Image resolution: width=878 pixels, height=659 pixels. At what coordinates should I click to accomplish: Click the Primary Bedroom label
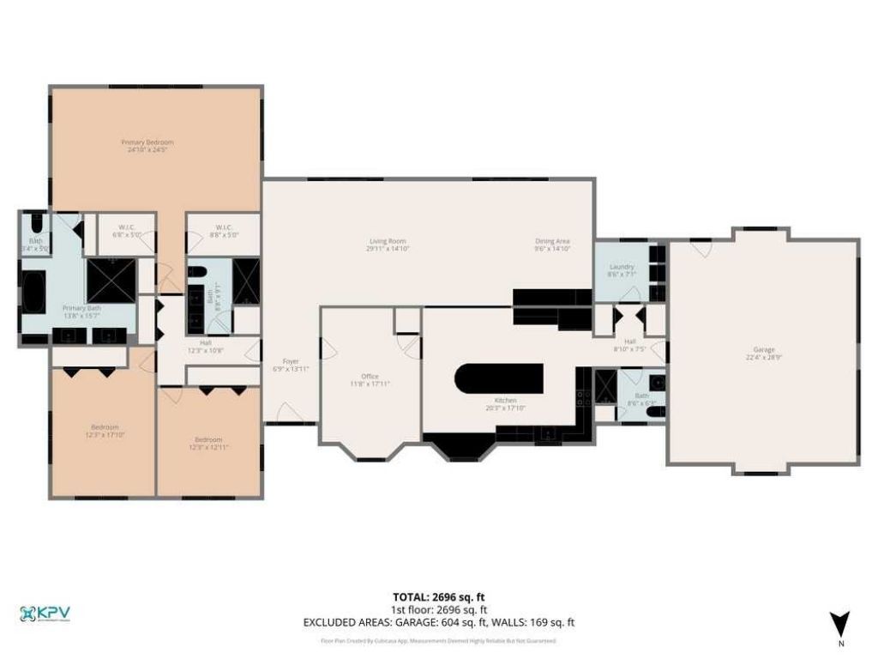tap(154, 145)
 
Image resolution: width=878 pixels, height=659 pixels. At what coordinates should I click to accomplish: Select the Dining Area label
tap(552, 245)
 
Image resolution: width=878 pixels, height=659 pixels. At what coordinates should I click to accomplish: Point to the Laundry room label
tap(622, 270)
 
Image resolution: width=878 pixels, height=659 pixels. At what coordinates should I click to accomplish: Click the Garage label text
tap(764, 353)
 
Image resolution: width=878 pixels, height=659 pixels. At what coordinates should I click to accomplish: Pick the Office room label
tap(370, 379)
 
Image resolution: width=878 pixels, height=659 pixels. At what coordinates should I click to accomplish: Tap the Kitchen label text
tap(504, 403)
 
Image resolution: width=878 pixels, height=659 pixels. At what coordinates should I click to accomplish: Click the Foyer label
tap(292, 365)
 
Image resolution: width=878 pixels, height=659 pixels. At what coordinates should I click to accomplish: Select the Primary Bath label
tap(82, 311)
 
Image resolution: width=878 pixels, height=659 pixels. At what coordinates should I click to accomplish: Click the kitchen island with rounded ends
tap(498, 377)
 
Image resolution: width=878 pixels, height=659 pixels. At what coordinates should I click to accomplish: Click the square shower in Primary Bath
tap(111, 276)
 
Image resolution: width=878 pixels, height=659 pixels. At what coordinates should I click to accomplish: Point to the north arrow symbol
tap(839, 625)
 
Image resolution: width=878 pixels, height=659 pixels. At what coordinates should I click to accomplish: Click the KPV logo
tap(45, 614)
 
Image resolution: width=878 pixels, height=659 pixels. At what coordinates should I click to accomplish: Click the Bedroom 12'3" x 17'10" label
tap(105, 431)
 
